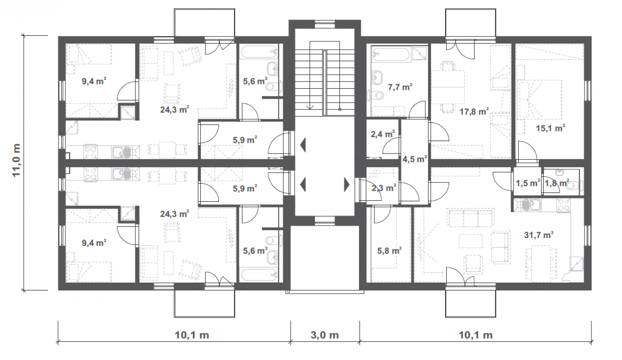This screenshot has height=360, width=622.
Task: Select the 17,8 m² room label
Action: click(474, 112)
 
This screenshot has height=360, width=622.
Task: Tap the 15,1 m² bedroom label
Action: click(550, 128)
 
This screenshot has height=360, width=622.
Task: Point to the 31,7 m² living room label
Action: click(538, 234)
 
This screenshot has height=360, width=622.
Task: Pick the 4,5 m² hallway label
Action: click(414, 159)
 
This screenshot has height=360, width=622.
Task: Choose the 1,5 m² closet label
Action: click(528, 183)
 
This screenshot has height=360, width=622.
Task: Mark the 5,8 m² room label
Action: click(389, 251)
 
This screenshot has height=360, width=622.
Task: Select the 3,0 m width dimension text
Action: click(324, 335)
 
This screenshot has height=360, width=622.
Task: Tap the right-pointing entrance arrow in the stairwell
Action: click(347, 184)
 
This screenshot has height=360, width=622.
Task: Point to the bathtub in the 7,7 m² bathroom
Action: click(390, 54)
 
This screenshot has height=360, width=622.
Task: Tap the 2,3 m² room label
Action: click(383, 188)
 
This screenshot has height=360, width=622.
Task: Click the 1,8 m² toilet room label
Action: click(557, 183)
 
